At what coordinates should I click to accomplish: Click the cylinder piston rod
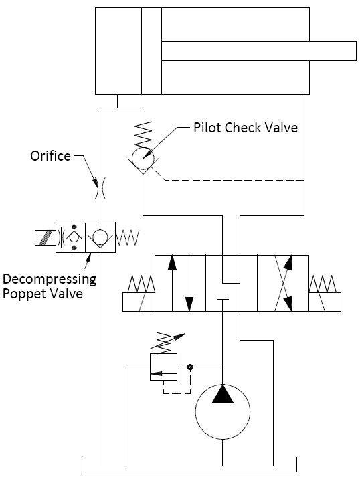coord(258,51)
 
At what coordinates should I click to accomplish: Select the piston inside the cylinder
coord(151,51)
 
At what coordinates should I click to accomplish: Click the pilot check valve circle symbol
coord(143,159)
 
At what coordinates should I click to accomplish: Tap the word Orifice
coord(50,156)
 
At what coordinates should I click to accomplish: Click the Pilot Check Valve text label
coord(245,127)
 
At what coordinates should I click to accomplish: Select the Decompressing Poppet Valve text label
coord(50,286)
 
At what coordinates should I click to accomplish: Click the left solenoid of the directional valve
coord(139,294)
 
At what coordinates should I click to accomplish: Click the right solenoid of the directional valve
coord(324,294)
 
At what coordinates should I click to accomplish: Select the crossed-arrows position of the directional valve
coord(283,282)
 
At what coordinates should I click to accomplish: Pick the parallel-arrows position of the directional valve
coord(181,282)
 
